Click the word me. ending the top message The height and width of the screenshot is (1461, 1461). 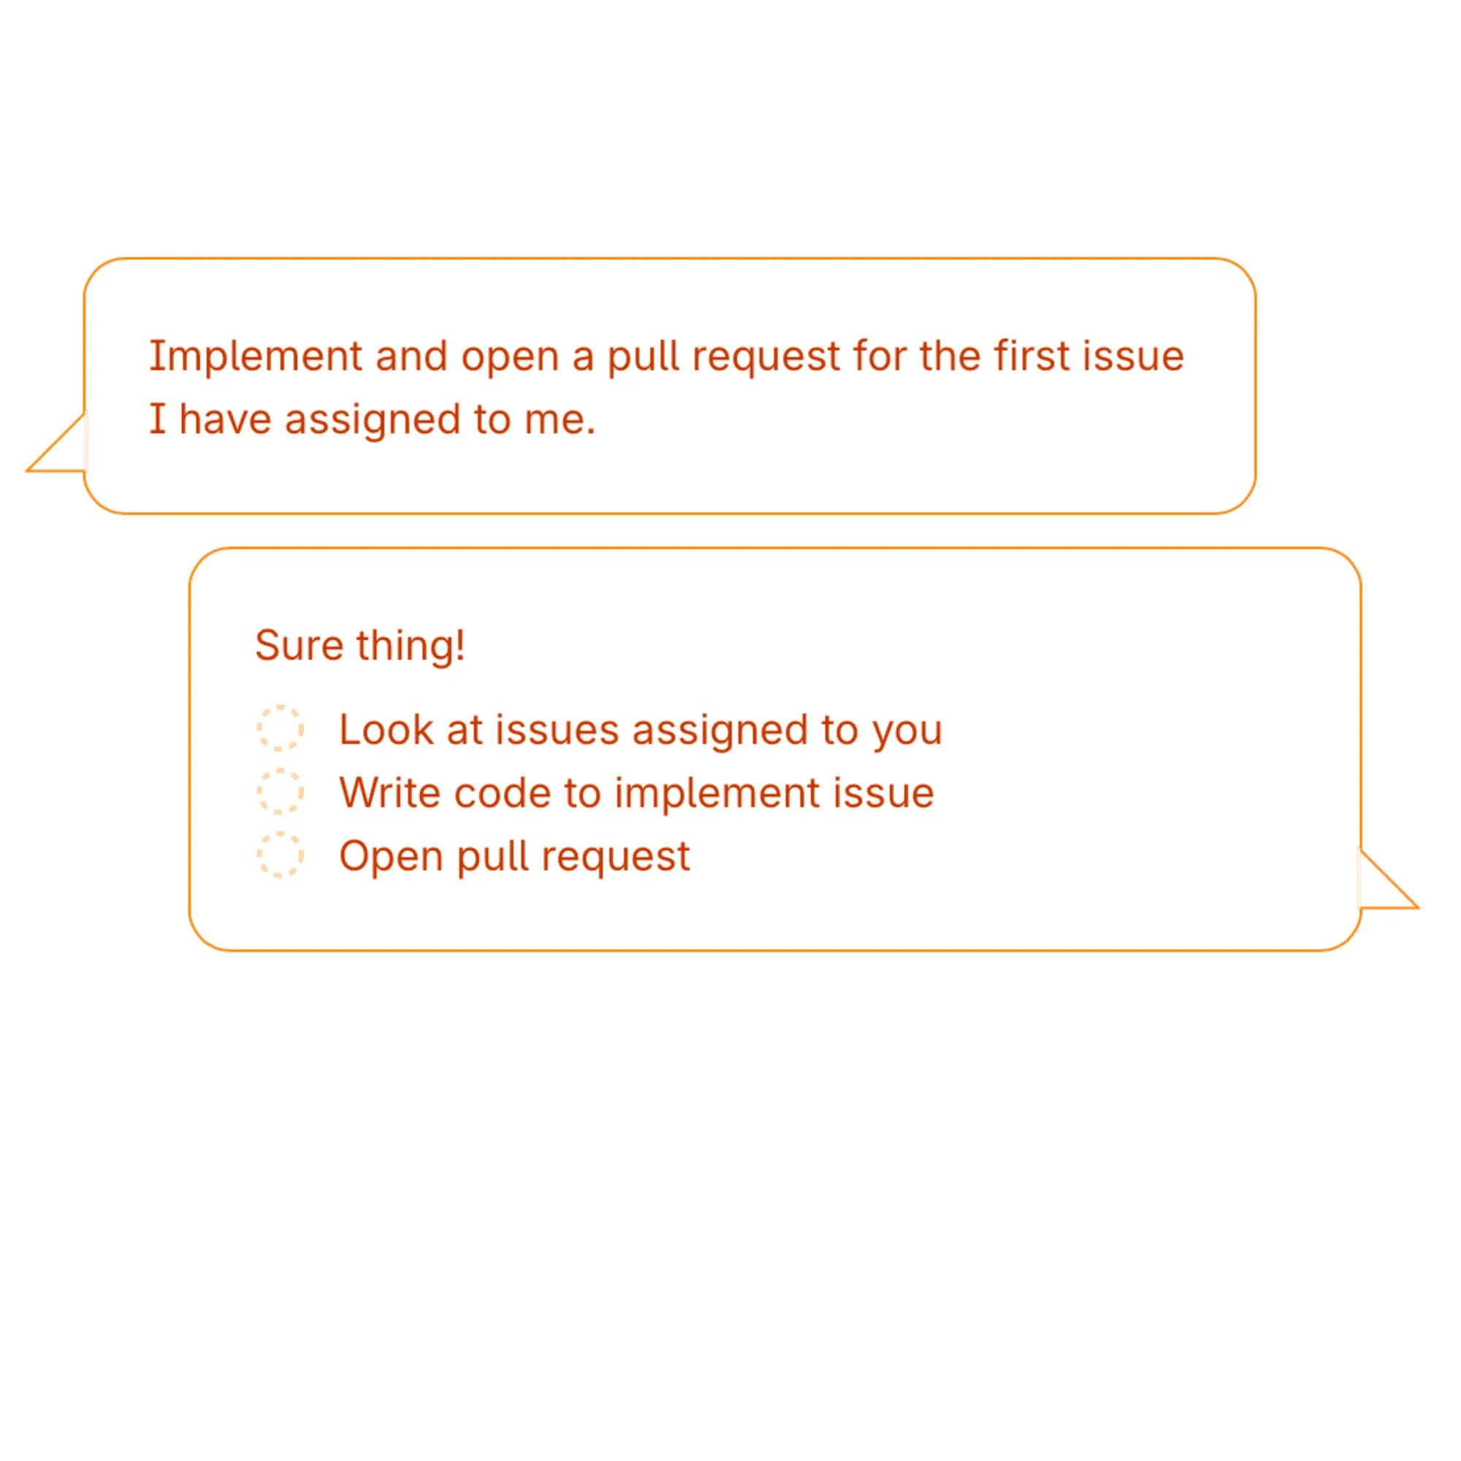560,421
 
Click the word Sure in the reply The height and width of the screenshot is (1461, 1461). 300,646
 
